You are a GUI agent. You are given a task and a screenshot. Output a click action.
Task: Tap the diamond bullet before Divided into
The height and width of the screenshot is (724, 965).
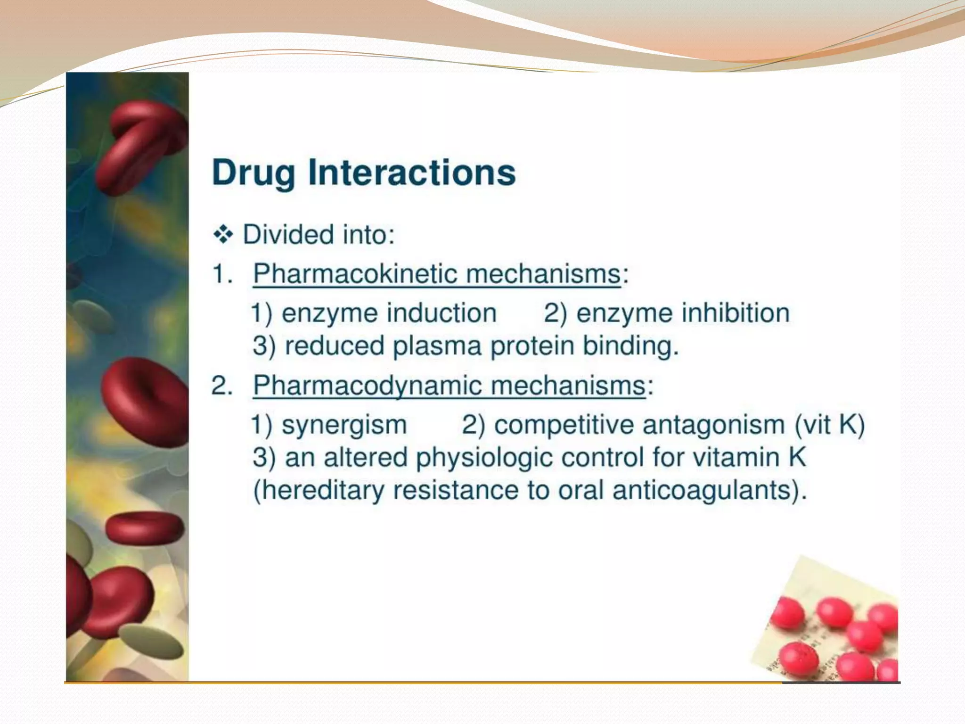(x=223, y=234)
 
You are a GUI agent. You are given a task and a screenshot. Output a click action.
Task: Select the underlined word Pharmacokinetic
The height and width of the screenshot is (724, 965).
(x=348, y=273)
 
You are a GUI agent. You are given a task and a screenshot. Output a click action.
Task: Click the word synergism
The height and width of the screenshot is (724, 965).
(x=344, y=425)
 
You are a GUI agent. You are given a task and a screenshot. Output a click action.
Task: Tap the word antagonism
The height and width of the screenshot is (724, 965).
(x=713, y=424)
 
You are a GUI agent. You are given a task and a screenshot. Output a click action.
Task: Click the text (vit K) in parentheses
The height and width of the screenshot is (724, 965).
(x=830, y=424)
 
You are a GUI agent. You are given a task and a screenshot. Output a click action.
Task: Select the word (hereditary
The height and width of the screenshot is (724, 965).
(x=319, y=490)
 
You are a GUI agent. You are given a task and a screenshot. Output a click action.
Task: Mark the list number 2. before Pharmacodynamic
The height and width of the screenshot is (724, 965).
(x=222, y=386)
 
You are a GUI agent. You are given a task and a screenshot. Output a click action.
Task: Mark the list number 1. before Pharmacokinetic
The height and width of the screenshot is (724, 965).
(x=222, y=274)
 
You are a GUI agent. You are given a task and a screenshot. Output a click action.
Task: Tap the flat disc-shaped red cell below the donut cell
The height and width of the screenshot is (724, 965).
(x=144, y=527)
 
